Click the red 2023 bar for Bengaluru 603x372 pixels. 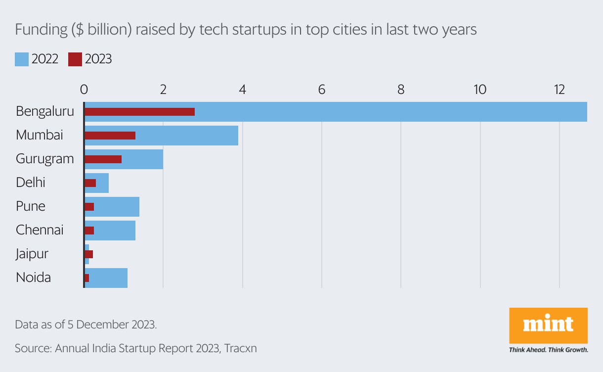(139, 112)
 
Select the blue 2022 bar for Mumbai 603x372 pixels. (198, 136)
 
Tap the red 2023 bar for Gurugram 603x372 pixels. (103, 159)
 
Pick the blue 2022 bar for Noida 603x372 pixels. (109, 278)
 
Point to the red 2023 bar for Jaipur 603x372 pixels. (89, 254)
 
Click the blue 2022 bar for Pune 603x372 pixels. (119, 206)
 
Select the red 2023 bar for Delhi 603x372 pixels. (90, 183)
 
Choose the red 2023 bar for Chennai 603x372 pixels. (89, 231)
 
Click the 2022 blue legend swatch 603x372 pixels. (22, 59)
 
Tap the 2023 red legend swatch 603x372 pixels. (75, 59)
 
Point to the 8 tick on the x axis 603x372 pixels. (401, 90)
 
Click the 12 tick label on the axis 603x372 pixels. (559, 90)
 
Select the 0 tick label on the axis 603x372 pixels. (84, 90)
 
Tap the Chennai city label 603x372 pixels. (40, 230)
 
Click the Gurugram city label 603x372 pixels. (44, 159)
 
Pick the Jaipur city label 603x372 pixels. (32, 254)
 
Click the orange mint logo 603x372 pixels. (548, 325)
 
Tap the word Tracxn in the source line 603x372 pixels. (240, 348)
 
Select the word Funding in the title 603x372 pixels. (41, 30)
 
